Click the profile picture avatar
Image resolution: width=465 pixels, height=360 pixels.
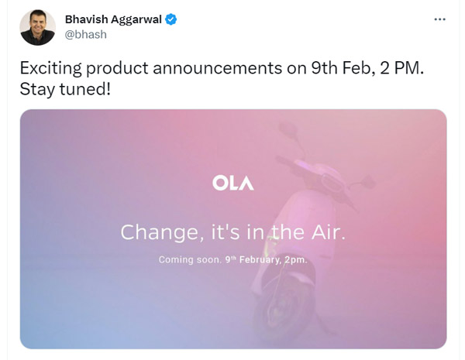coord(37,27)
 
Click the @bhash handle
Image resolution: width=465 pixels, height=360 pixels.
coord(86,35)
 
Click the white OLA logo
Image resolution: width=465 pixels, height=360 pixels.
coord(232,183)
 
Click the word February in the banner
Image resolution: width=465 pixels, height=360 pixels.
coord(259,259)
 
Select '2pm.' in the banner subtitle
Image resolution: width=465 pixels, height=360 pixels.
coord(295,259)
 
